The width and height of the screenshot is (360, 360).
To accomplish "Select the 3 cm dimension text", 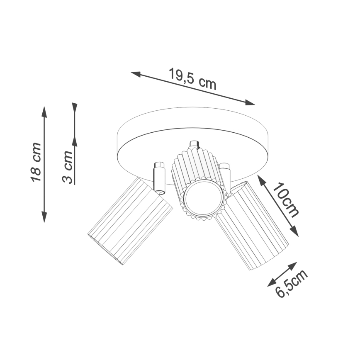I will (68, 168).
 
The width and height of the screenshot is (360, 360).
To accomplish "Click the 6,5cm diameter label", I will (292, 283).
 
